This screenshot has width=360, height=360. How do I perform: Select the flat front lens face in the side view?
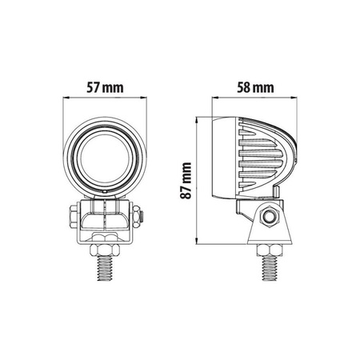(x=215, y=159)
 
